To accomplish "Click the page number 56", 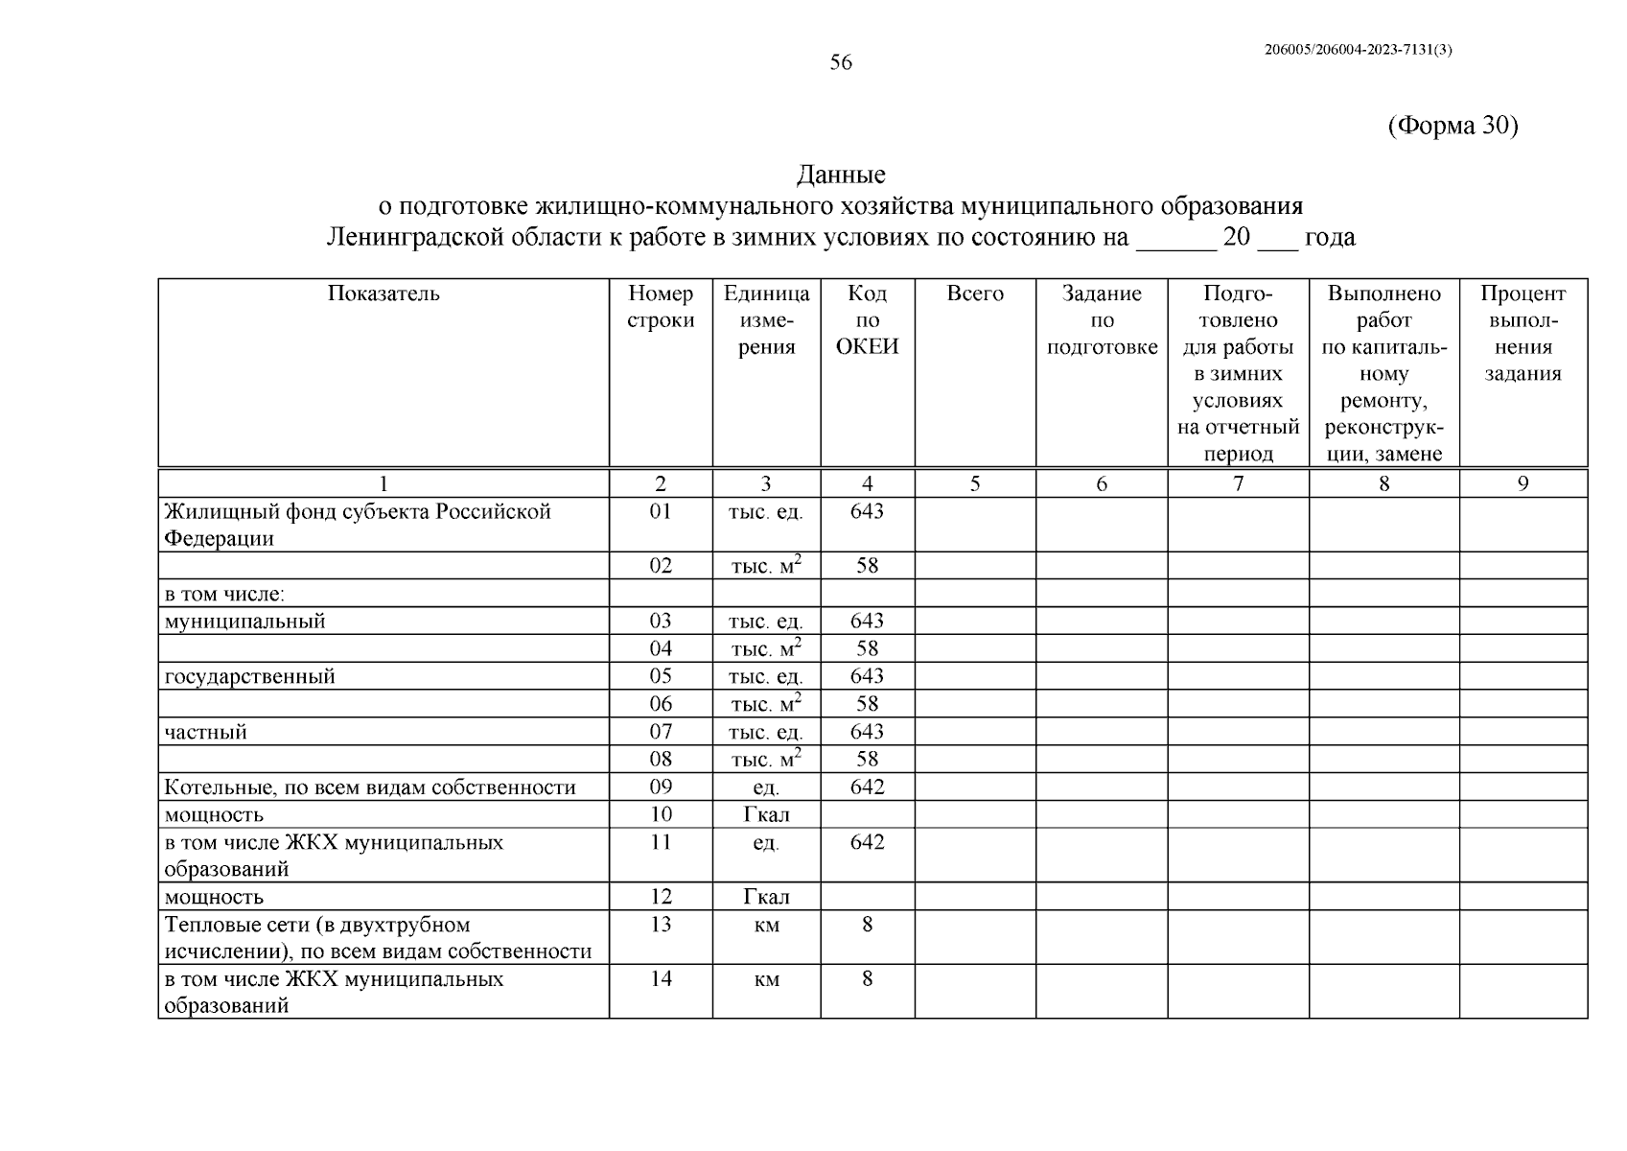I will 840,63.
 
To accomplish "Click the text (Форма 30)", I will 1453,126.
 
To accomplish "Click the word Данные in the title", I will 841,175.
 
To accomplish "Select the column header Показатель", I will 384,294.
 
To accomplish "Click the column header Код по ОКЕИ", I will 867,320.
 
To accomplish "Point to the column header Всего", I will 974,294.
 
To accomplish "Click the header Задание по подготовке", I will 1102,320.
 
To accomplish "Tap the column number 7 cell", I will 1238,483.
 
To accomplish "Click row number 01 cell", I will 661,511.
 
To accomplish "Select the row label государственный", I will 250,676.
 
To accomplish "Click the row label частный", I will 206,732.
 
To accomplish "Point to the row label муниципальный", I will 245,622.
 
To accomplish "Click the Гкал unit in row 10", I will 766,815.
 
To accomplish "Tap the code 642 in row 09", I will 867,787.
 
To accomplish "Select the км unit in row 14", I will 766,979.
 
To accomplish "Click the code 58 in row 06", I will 867,704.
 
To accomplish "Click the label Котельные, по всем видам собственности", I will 370,787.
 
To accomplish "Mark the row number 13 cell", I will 661,925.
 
